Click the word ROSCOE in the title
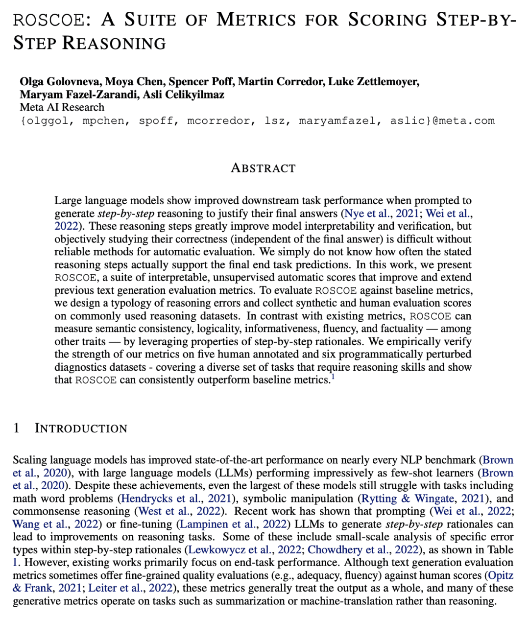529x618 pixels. [49, 20]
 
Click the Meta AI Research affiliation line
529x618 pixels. [62, 107]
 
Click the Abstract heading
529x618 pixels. [264, 168]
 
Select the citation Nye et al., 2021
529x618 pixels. [382, 214]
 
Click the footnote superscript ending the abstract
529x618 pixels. [333, 377]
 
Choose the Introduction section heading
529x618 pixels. [81, 428]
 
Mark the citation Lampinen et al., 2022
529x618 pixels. [234, 524]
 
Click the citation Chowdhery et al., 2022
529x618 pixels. [363, 549]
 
